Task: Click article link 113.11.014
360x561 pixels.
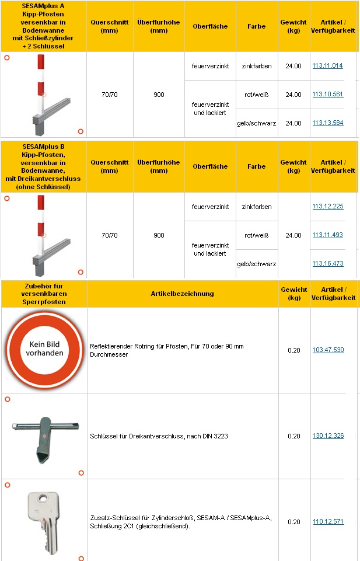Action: click(x=327, y=66)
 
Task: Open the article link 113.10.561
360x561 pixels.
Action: click(x=327, y=94)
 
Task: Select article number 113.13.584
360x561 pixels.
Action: click(x=327, y=123)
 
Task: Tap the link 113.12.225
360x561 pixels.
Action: click(x=327, y=207)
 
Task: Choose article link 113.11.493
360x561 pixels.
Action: click(x=327, y=235)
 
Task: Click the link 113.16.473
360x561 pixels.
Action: click(x=327, y=264)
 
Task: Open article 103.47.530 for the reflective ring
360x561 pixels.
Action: click(x=328, y=350)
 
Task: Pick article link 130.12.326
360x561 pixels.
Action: click(x=328, y=436)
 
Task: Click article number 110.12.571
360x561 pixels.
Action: click(x=328, y=522)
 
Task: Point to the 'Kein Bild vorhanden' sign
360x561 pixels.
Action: click(x=44, y=350)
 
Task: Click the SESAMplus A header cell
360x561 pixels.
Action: click(x=44, y=26)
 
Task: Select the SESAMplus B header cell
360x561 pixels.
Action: click(x=44, y=166)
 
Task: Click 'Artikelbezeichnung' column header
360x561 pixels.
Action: click(x=182, y=294)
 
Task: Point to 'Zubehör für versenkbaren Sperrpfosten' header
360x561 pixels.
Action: click(x=44, y=294)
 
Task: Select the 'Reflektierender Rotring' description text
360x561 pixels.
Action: click(x=166, y=350)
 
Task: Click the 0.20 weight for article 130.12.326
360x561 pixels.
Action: click(x=294, y=436)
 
